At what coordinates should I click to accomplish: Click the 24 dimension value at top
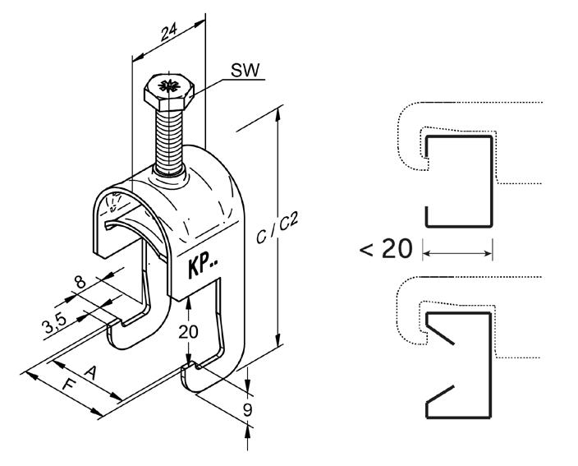tap(169, 31)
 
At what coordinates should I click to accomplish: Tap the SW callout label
tap(245, 70)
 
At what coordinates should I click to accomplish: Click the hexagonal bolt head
tap(169, 91)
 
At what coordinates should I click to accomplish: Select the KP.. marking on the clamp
tap(203, 265)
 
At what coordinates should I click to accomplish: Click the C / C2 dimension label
tap(278, 228)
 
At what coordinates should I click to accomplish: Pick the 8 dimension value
tap(80, 283)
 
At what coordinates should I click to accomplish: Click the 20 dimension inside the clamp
tap(188, 332)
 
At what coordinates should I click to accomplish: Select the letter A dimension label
tap(90, 372)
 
